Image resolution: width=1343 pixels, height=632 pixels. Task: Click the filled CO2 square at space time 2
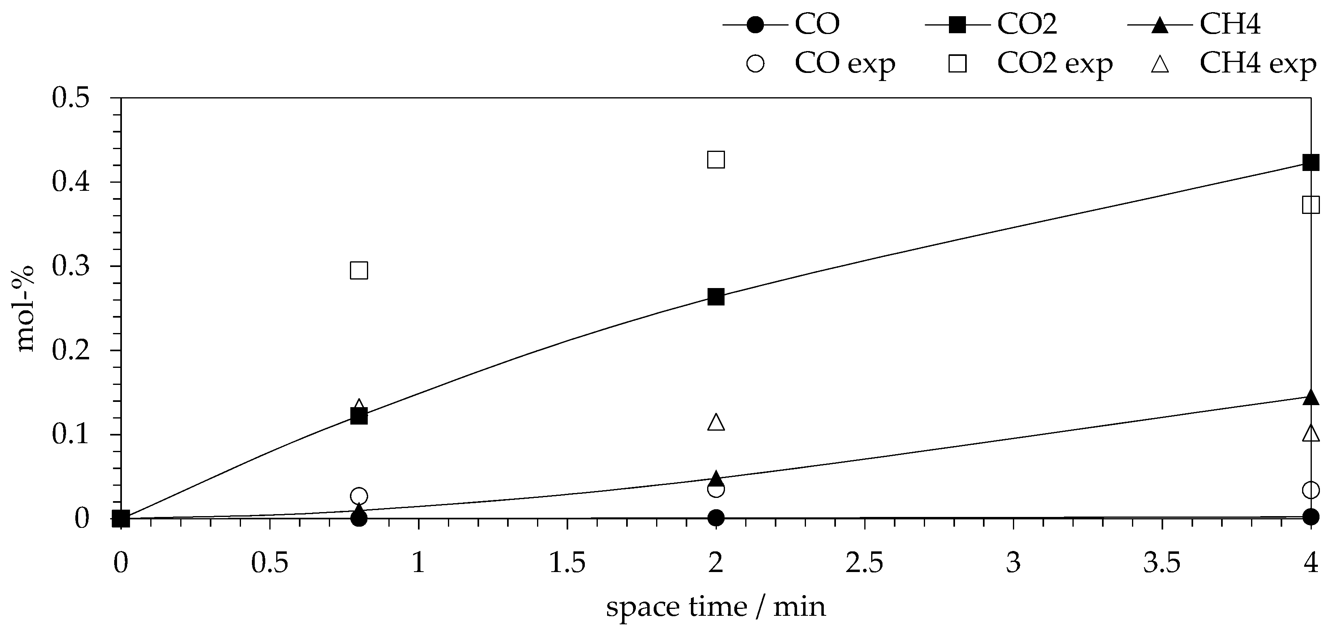pos(716,297)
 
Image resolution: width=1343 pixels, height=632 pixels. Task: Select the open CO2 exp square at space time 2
pos(716,160)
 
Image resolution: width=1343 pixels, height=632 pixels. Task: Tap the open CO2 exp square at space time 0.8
pos(359,270)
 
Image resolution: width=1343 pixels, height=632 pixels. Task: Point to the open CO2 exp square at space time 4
pos(1311,205)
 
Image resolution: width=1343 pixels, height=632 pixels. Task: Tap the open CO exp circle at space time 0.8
pos(359,495)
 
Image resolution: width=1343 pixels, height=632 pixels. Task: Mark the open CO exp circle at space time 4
pos(1311,490)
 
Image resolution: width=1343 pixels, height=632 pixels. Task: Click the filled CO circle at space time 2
pos(716,518)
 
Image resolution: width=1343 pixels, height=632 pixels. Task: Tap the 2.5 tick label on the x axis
pos(864,564)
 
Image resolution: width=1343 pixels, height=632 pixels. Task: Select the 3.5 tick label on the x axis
pos(1162,564)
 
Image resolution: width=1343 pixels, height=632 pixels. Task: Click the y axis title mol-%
pos(25,309)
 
